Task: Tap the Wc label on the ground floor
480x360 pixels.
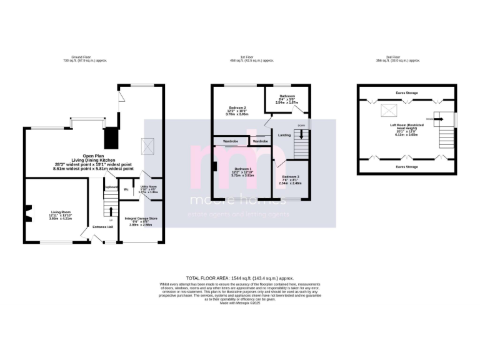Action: (126, 189)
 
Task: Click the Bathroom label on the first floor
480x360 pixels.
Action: (284, 98)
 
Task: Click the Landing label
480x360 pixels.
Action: (284, 135)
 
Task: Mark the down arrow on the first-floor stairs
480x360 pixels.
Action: (302, 133)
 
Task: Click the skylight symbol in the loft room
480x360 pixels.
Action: (389, 111)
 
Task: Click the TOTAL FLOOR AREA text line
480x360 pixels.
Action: (239, 277)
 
